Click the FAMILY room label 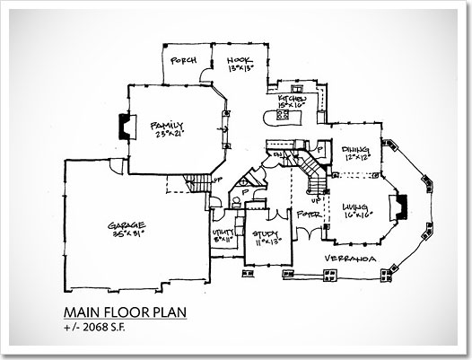(x=167, y=125)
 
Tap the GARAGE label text (x=127, y=224)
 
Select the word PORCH (x=183, y=61)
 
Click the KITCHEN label (x=293, y=97)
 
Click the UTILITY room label (x=223, y=233)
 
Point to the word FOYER (x=308, y=215)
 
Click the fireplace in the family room (x=127, y=127)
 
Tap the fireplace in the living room (x=402, y=208)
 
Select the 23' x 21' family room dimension (x=167, y=135)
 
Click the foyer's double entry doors (x=310, y=233)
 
